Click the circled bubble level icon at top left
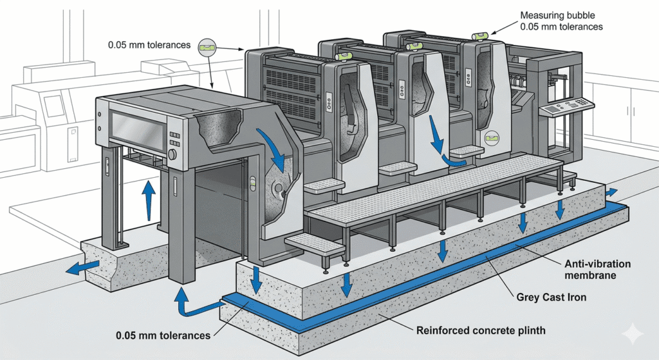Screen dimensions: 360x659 [x=208, y=46]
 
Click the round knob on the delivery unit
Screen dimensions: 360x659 [x=172, y=155]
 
